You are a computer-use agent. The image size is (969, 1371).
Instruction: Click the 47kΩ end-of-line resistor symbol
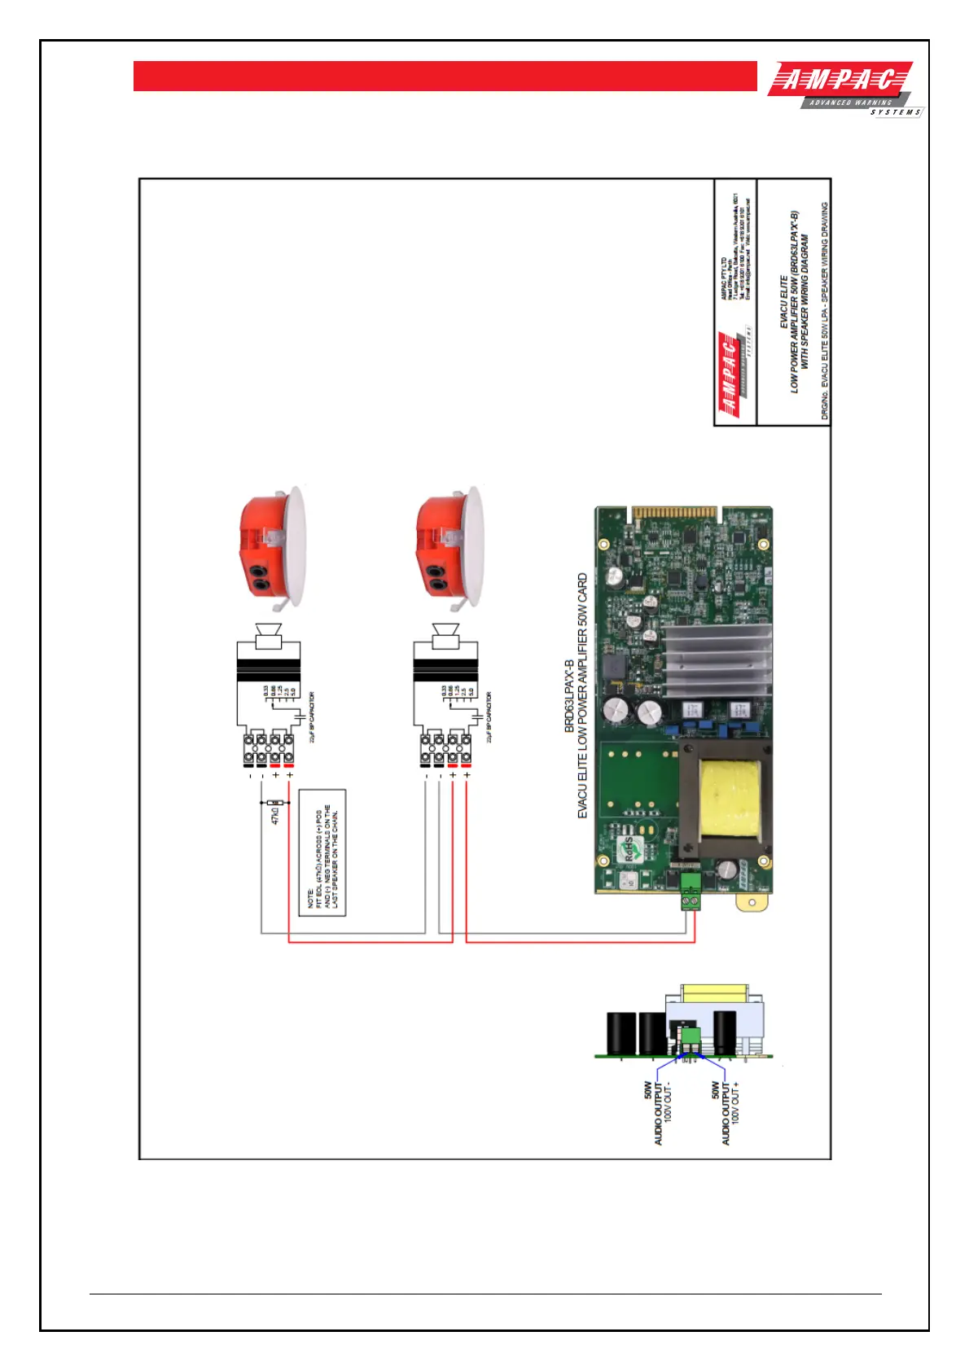pyautogui.click(x=276, y=803)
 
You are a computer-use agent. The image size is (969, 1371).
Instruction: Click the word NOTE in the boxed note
pyautogui.click(x=310, y=898)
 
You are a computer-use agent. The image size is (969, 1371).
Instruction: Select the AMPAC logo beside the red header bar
pyautogui.click(x=844, y=89)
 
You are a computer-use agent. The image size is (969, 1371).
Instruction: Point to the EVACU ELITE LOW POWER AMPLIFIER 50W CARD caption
pyautogui.click(x=582, y=696)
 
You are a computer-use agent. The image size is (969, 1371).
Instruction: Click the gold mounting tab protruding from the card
pyautogui.click(x=752, y=902)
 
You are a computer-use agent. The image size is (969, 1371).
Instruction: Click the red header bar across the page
pyautogui.click(x=445, y=76)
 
